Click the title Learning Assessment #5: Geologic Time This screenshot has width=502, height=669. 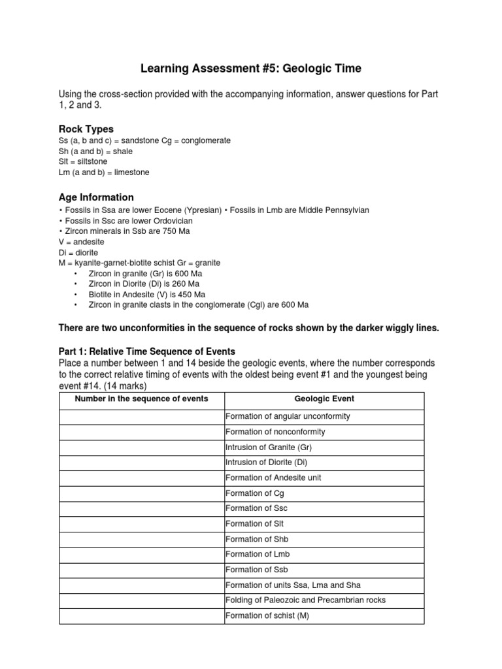(250, 69)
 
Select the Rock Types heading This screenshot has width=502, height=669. (86, 129)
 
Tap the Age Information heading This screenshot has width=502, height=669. (96, 197)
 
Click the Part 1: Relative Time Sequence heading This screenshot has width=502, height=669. (146, 351)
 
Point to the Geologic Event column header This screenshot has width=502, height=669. (324, 399)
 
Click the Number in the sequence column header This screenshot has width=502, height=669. (142, 399)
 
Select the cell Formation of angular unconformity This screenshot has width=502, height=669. (288, 416)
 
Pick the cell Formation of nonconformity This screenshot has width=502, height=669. (275, 432)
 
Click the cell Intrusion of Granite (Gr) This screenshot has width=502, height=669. (269, 448)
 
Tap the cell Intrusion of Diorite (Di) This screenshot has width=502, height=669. (266, 463)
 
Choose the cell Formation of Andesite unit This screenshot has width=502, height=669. (273, 478)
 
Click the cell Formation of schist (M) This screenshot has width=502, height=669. (267, 615)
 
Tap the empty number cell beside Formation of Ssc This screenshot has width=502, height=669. (142, 508)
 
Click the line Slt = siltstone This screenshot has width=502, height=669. (83, 161)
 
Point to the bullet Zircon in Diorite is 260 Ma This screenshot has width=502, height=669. (144, 284)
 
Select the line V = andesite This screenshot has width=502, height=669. (81, 241)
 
